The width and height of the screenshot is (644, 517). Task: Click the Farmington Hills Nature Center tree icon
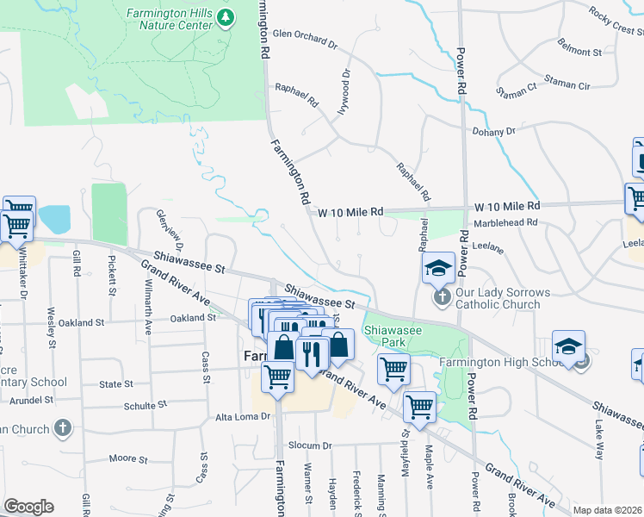point(226,17)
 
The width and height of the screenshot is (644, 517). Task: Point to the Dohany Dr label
point(492,132)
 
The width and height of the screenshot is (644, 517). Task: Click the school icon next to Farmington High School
point(568,347)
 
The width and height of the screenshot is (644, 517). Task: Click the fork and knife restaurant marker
point(311,352)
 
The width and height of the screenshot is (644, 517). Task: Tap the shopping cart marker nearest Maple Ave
point(419,404)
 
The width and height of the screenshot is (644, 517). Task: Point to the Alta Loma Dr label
point(243,415)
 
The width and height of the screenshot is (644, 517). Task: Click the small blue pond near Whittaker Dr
point(53,220)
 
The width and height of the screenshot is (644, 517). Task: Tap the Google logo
point(28,507)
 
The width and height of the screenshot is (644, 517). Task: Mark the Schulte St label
point(146,404)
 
